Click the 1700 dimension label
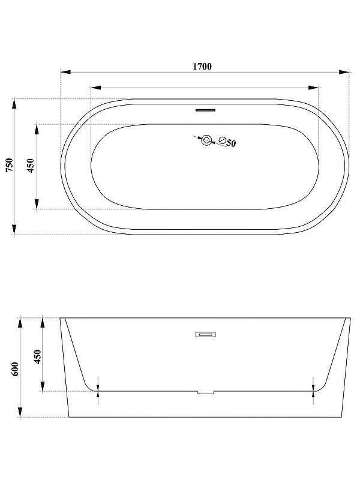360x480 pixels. (202, 67)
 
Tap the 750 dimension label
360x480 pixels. (10, 164)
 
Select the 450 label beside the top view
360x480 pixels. (31, 166)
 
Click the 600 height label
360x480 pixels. (15, 369)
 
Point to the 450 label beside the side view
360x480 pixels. (37, 356)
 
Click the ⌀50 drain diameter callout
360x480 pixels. (227, 142)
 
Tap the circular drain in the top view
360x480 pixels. (206, 140)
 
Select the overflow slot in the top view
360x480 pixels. (205, 110)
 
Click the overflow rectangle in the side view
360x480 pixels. (206, 334)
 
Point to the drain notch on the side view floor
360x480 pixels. (206, 392)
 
